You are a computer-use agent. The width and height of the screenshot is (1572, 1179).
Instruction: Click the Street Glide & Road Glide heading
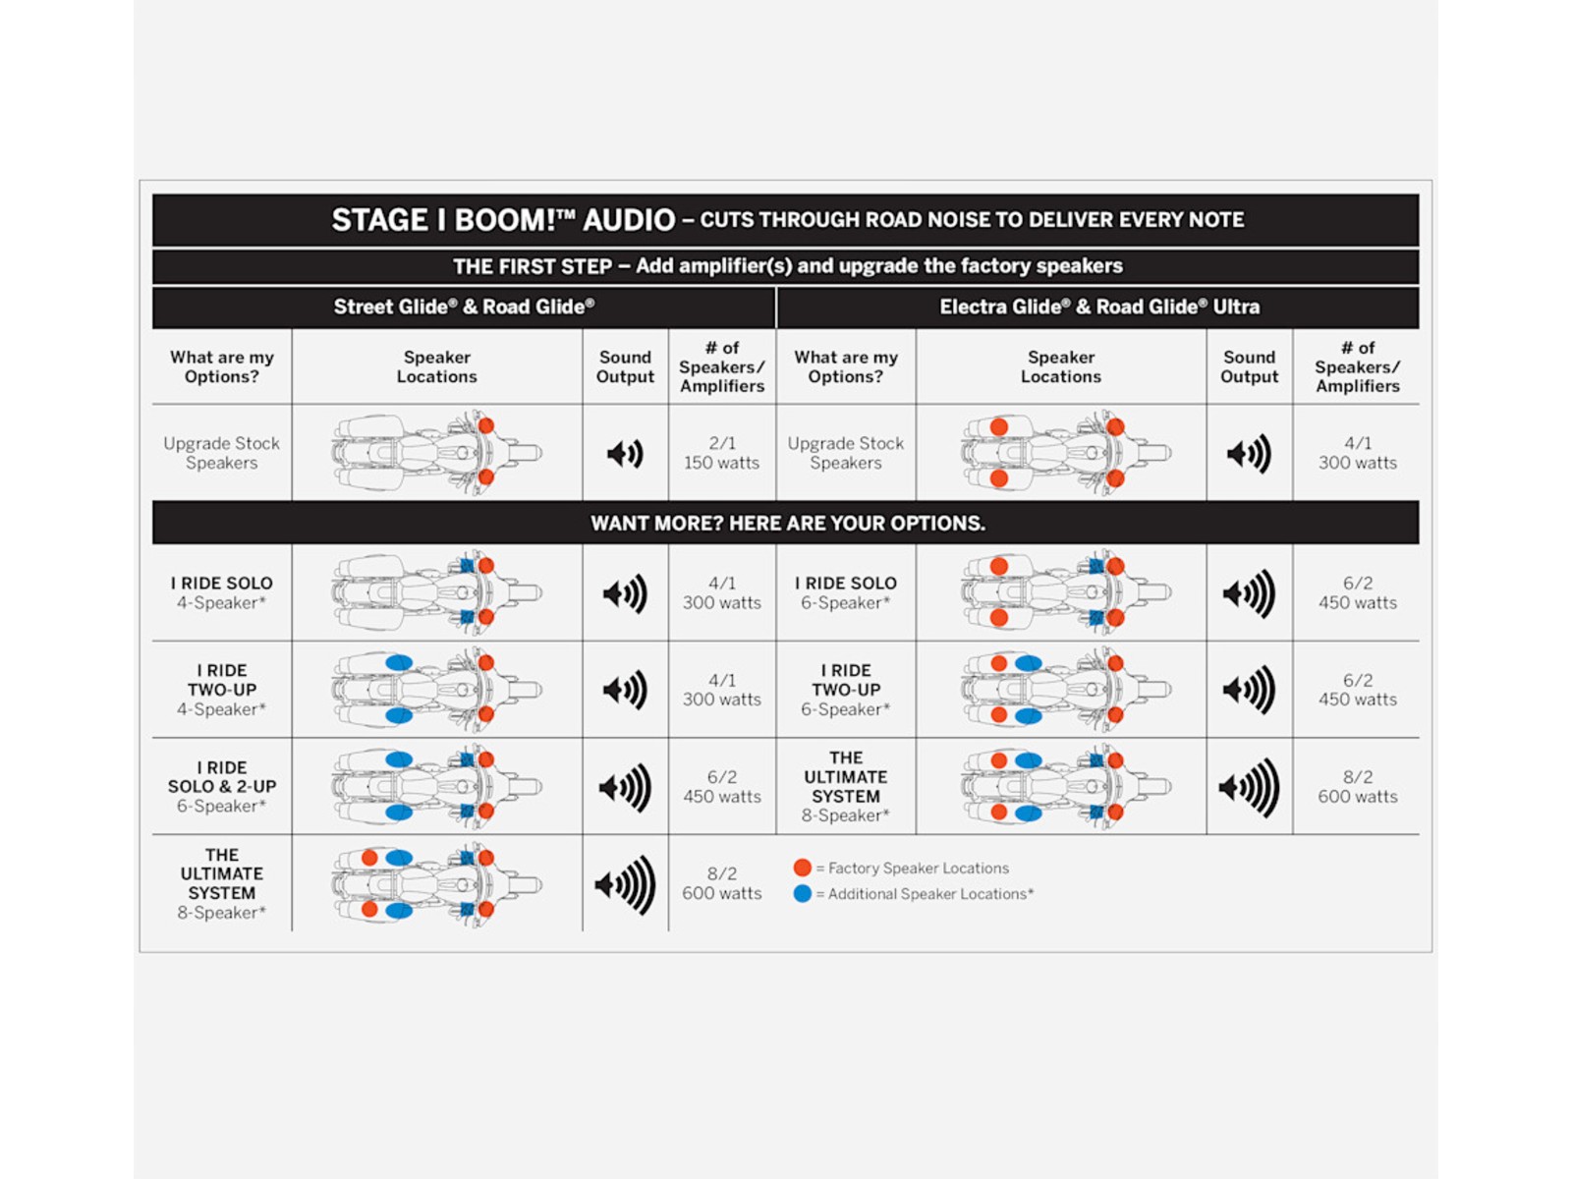(464, 307)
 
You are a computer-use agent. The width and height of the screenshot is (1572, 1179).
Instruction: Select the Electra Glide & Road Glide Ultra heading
(1099, 307)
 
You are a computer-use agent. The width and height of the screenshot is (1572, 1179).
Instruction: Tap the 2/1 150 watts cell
(722, 453)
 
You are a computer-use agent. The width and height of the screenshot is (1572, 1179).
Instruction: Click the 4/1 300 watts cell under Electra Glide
(1358, 453)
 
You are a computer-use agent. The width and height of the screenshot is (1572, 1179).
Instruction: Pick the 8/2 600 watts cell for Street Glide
(722, 883)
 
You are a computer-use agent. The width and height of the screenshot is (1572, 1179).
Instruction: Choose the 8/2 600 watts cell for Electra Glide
(1358, 787)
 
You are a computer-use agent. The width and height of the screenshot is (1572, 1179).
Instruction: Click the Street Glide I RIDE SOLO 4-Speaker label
(222, 592)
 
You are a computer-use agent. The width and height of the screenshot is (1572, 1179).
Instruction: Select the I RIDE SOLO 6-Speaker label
(846, 592)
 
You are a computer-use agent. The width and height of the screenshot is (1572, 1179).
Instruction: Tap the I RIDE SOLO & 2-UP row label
(222, 786)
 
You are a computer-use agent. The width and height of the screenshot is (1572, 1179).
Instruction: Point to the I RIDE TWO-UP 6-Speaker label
(846, 690)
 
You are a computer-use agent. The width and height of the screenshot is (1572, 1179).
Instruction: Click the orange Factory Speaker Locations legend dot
(803, 868)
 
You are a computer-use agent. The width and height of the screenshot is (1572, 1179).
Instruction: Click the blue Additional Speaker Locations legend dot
(803, 893)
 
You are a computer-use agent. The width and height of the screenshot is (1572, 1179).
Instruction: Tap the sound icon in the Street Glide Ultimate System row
(625, 884)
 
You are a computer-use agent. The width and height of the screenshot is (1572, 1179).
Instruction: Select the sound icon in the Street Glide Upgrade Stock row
(625, 453)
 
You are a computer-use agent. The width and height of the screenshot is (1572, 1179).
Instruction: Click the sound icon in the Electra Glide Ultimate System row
(1249, 787)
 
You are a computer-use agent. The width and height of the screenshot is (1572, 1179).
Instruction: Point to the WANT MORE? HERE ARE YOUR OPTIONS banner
(787, 523)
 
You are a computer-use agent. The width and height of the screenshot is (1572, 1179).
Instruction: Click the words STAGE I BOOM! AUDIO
(503, 220)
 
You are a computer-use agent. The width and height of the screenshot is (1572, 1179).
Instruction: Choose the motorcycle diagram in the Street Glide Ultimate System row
(436, 884)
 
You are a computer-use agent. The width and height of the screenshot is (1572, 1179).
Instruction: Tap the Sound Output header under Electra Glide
(1249, 366)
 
